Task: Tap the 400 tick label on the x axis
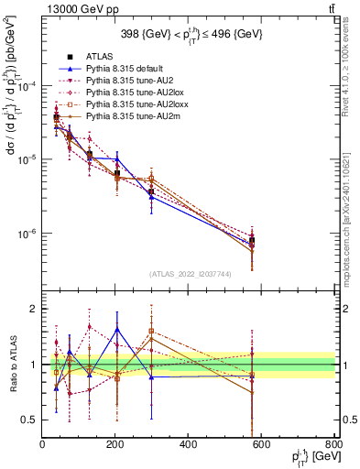188,445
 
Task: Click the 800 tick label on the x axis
333,445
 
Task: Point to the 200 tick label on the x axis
115,445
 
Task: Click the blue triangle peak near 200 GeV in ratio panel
116,329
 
